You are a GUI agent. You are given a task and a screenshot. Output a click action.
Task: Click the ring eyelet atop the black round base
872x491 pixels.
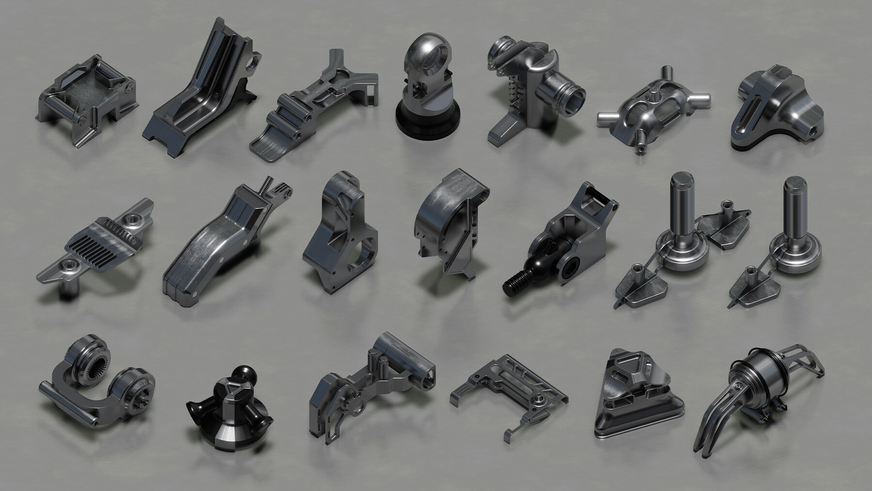coord(423,53)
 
